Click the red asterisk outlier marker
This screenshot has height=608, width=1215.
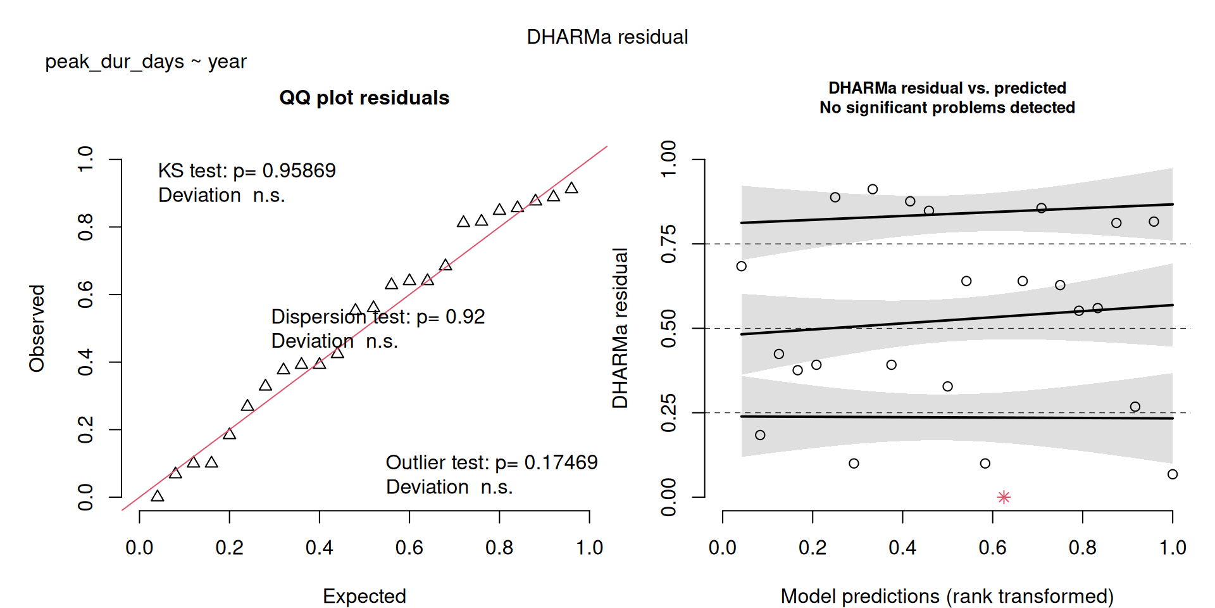coord(1004,497)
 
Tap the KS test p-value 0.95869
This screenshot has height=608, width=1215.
coord(299,170)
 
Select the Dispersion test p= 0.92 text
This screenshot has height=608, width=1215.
coord(378,316)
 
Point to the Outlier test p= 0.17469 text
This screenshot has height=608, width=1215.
coord(492,462)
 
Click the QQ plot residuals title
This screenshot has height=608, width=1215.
coord(364,98)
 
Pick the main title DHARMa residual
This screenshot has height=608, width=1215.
coord(607,37)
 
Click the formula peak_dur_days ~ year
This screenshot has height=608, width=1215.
coord(146,62)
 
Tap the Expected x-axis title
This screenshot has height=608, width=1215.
coord(364,596)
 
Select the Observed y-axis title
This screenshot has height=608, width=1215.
coord(37,328)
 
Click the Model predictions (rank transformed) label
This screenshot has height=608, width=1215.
coord(947,596)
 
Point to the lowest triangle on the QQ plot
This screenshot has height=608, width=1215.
coord(158,496)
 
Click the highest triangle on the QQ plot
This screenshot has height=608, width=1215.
coord(571,187)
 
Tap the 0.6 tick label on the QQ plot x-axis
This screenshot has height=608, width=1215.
coord(409,547)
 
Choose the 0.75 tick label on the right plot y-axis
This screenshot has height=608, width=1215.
coord(668,244)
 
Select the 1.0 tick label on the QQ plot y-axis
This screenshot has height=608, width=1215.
coord(85,159)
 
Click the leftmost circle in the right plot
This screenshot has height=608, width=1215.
coord(741,266)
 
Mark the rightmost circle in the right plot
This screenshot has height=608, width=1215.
coord(1173,474)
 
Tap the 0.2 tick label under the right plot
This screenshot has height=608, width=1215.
coord(813,547)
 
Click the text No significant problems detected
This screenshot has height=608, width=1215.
coord(947,108)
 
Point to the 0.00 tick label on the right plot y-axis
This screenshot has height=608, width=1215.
coord(668,497)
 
